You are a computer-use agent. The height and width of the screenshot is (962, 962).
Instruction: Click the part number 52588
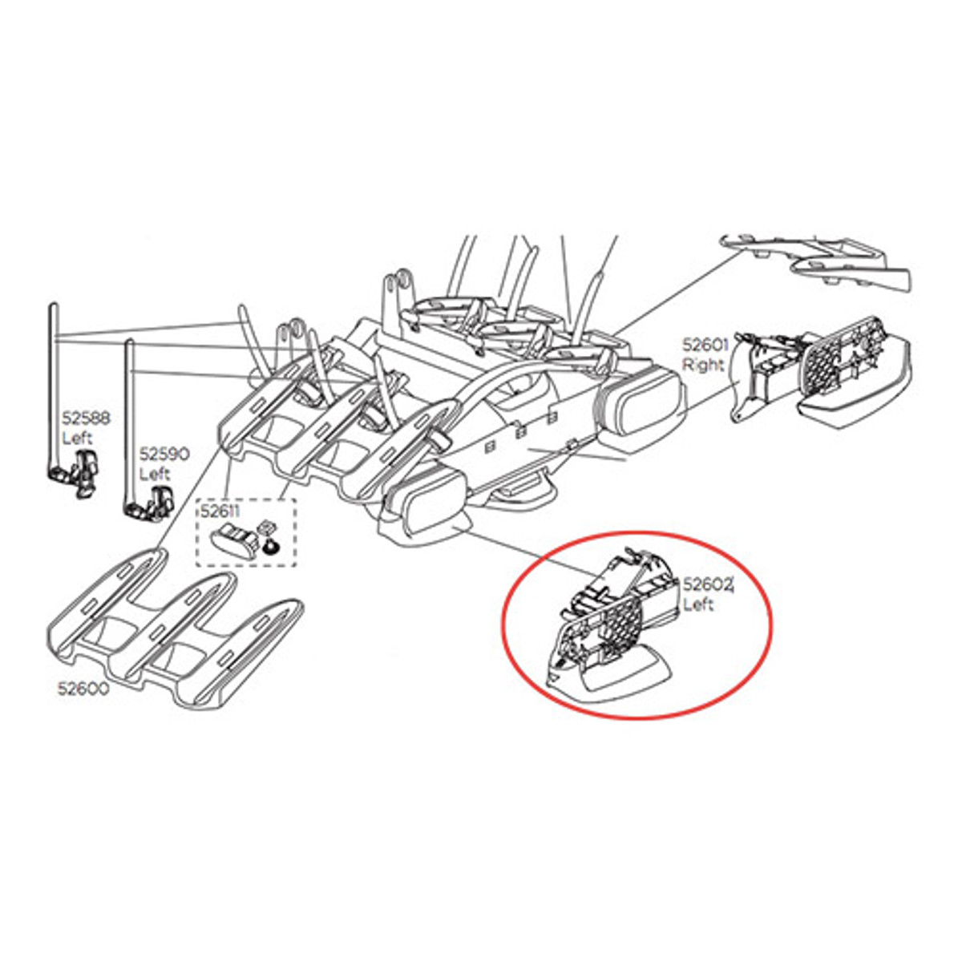coord(85,418)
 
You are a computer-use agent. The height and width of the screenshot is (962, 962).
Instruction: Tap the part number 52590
coord(165,455)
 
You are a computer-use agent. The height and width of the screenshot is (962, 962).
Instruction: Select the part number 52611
coord(220,511)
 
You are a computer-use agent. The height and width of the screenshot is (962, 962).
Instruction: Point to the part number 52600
coord(83,689)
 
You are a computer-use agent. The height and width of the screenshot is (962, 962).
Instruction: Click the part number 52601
coord(705,345)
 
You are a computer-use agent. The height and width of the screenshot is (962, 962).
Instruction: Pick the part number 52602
coord(708,584)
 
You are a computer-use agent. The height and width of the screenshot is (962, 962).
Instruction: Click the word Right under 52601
coord(703,365)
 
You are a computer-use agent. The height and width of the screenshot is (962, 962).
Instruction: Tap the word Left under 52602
coord(698,604)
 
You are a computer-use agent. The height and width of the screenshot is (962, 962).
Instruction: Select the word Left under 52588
coord(78,439)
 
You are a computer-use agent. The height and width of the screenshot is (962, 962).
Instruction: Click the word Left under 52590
coord(155,474)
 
